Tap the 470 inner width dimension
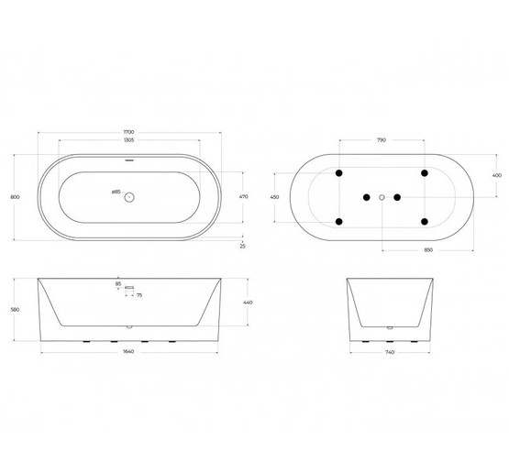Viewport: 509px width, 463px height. click(x=244, y=196)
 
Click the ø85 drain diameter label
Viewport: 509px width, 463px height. click(x=116, y=192)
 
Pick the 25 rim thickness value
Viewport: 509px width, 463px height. click(x=242, y=246)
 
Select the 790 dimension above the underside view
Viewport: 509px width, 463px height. click(x=382, y=140)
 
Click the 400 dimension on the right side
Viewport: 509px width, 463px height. click(x=497, y=175)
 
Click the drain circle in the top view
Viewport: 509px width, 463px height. click(x=129, y=196)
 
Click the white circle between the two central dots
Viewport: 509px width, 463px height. click(x=382, y=196)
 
